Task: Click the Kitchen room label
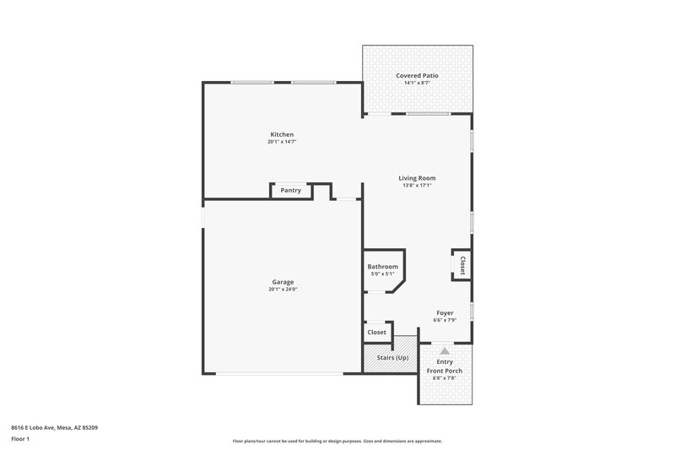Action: point(282,135)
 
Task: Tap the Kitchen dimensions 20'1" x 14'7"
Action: point(282,142)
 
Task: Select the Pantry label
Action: point(291,191)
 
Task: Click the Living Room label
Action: point(417,178)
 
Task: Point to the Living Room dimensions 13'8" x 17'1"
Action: point(417,186)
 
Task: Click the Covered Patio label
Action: point(417,75)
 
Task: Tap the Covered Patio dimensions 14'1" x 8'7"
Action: point(417,83)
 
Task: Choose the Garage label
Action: point(283,282)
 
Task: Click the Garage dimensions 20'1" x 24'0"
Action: point(283,290)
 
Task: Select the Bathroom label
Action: point(382,267)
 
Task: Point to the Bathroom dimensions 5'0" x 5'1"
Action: point(382,274)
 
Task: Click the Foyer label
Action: point(445,312)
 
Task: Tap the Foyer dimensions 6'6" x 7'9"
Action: point(445,320)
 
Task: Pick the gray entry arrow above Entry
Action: point(445,350)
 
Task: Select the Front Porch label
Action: point(445,371)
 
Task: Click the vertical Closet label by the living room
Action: point(462,265)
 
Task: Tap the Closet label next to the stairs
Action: point(376,333)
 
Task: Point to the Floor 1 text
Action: point(20,440)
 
